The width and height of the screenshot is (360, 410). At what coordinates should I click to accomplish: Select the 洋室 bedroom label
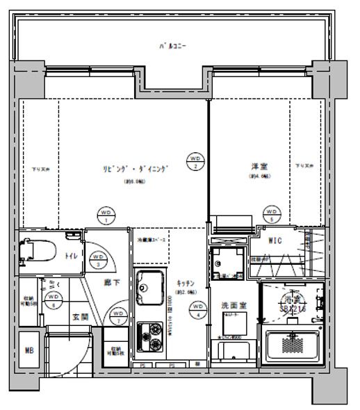[x=261, y=167]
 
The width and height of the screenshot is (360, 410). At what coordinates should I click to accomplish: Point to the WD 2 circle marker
[x=196, y=162]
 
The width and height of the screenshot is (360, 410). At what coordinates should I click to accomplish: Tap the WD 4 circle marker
[x=198, y=308]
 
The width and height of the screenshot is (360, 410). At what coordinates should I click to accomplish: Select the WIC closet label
[x=275, y=241]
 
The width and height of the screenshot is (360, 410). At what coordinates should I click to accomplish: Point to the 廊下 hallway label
[x=111, y=283]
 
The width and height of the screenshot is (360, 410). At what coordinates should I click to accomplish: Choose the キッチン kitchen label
[x=185, y=284]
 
